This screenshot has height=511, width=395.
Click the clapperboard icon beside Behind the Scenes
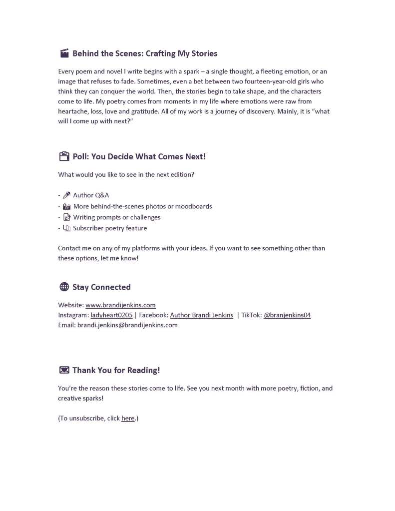[x=64, y=53]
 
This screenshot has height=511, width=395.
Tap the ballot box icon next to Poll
[x=64, y=156]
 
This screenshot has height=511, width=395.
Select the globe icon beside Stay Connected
[x=64, y=287]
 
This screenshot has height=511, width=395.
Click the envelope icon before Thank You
[x=64, y=370]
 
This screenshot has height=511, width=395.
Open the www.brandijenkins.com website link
[x=120, y=305]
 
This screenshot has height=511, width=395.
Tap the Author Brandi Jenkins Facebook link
[x=201, y=315]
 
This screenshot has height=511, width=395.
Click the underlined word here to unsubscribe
[x=128, y=418]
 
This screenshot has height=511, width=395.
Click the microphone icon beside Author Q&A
[x=67, y=195]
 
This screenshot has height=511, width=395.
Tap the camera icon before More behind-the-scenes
[x=67, y=206]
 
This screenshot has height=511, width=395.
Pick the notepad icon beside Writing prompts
[x=67, y=217]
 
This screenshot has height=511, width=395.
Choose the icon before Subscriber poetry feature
[x=67, y=228]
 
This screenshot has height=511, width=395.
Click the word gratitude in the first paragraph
[x=139, y=111]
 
